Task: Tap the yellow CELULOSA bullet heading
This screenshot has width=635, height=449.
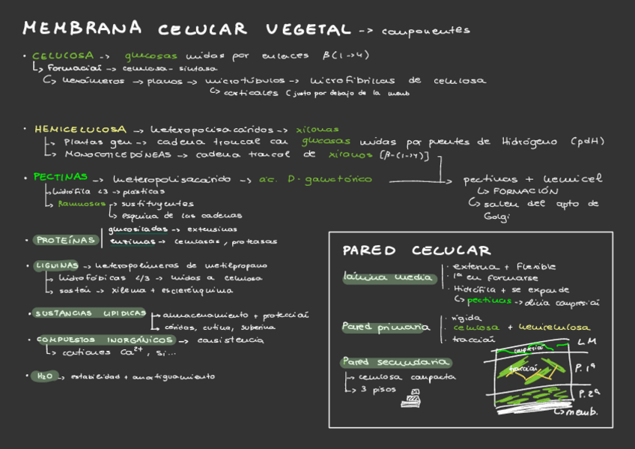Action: pyautogui.click(x=63, y=55)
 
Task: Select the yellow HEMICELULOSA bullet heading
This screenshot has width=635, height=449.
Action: pyautogui.click(x=80, y=129)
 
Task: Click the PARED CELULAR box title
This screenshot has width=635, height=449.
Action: pyautogui.click(x=416, y=250)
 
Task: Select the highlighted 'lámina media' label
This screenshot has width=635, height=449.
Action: pyautogui.click(x=388, y=278)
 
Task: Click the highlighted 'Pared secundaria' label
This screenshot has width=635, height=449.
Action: pyautogui.click(x=390, y=362)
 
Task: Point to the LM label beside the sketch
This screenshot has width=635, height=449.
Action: pyautogui.click(x=586, y=342)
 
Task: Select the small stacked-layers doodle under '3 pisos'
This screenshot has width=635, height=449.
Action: pyautogui.click(x=410, y=399)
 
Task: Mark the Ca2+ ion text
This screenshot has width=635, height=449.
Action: pyautogui.click(x=132, y=352)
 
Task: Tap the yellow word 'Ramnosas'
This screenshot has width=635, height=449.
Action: pyautogui.click(x=81, y=203)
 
